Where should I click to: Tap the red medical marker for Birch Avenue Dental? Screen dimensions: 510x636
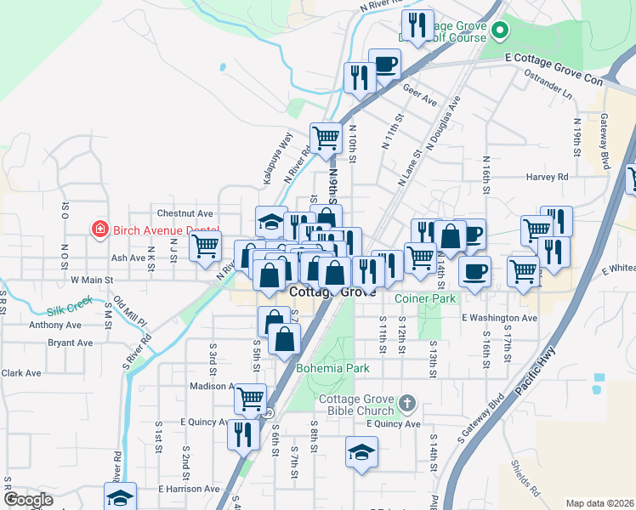point(99,229)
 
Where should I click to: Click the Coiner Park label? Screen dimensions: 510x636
point(425,298)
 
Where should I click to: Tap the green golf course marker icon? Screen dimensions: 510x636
point(500,31)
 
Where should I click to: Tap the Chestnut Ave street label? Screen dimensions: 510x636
point(185,212)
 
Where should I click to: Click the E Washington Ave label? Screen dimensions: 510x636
point(500,318)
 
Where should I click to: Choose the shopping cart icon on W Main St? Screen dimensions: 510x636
point(205,246)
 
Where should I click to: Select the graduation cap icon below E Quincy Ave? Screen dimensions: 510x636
point(361,450)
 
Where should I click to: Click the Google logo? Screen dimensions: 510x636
point(28,500)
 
